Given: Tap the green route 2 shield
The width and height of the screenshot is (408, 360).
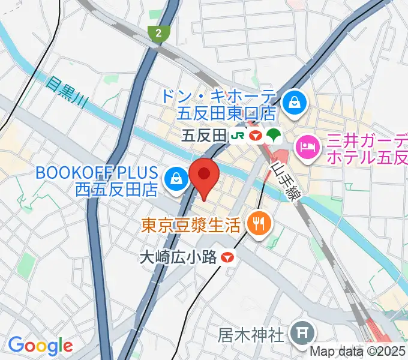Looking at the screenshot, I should tap(158, 34).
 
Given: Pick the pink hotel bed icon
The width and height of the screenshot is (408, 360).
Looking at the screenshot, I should tap(307, 145).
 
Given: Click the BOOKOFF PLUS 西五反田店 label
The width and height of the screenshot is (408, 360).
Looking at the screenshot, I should tap(97, 181).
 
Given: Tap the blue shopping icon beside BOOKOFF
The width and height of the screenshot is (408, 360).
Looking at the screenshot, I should tap(176, 179).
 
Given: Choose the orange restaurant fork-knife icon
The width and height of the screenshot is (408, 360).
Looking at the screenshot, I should tap(259, 224).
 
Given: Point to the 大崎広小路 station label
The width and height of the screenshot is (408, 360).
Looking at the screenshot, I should tap(178, 257).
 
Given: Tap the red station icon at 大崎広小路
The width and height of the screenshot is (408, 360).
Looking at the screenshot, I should tap(227, 257).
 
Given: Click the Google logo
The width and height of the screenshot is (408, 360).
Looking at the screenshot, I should tap(40, 346).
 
